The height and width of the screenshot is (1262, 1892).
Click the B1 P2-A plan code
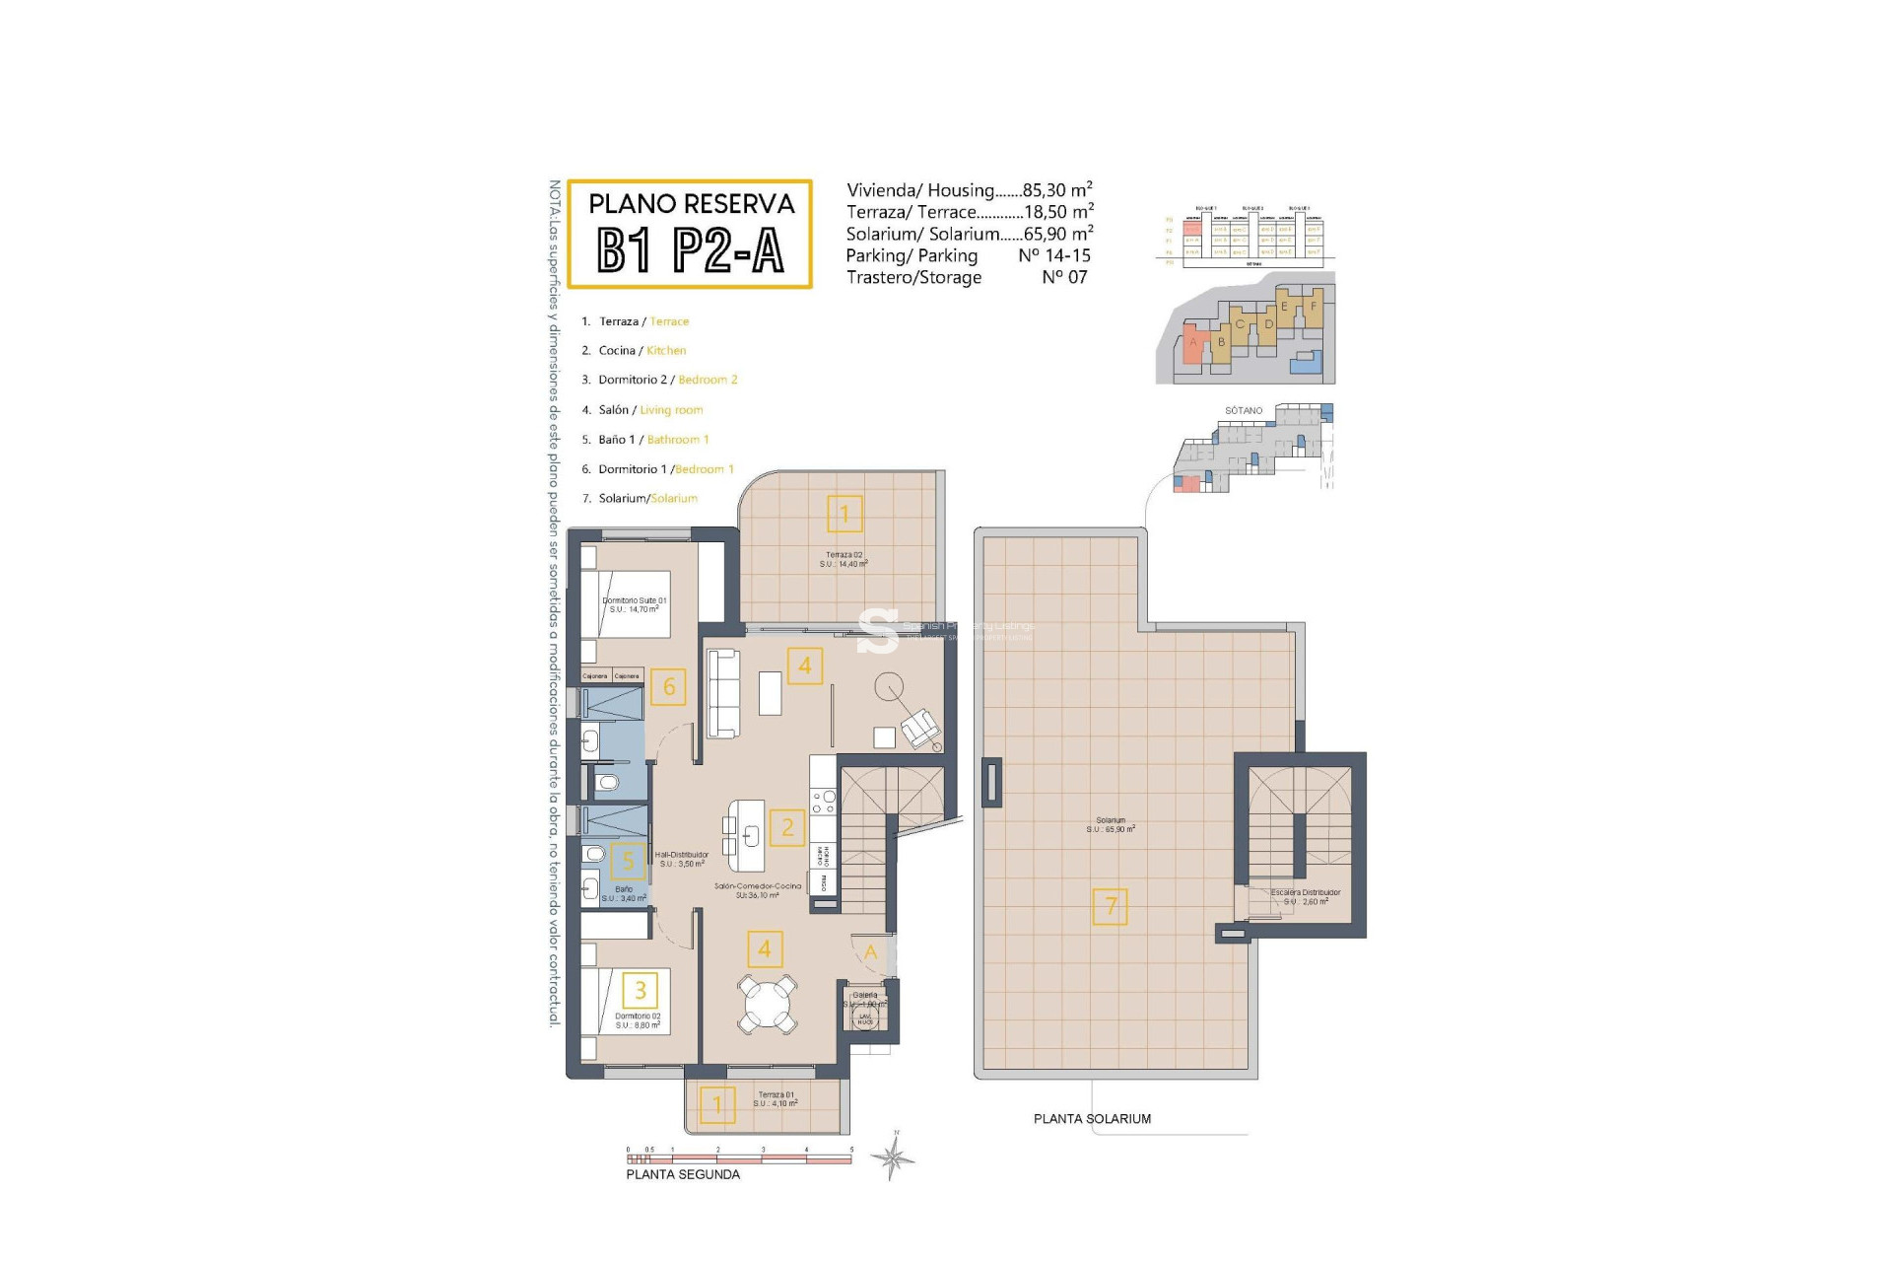(x=690, y=250)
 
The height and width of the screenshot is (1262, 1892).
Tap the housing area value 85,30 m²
(x=1057, y=190)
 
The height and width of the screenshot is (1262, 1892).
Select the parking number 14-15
(x=1053, y=255)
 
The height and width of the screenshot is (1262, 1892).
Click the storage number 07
(x=1064, y=277)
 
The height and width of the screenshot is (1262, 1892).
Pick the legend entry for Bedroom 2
(x=667, y=380)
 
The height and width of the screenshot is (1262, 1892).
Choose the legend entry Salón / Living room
(x=650, y=410)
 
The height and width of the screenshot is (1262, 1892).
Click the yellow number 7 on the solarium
(x=1111, y=906)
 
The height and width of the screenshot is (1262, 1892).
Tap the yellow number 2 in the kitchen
(x=787, y=827)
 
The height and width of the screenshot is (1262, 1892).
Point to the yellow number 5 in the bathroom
(x=628, y=861)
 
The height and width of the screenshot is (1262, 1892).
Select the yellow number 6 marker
(x=668, y=686)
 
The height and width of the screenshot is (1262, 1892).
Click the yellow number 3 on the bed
(x=641, y=989)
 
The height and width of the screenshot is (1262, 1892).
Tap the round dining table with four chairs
(x=767, y=1005)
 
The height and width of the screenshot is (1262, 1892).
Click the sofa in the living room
(x=724, y=692)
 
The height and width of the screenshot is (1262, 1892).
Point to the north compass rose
(x=893, y=1157)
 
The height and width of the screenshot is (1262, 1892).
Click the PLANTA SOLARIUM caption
(x=1092, y=1119)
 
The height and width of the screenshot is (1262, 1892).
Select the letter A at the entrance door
(x=870, y=951)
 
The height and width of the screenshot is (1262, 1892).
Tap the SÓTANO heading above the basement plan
(x=1244, y=410)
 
